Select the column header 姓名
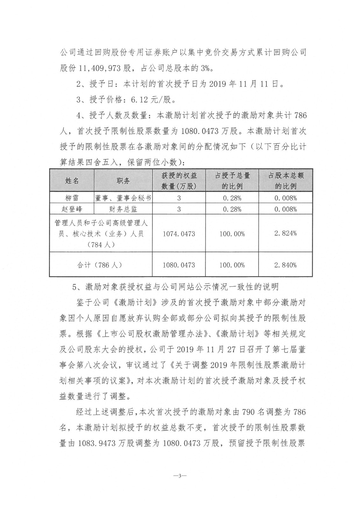tap(72, 181)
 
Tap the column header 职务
tap(123, 181)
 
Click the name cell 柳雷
tap(72, 198)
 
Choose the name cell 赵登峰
tap(72, 209)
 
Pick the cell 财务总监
tap(123, 209)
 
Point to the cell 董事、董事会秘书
tap(123, 198)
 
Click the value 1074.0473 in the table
tap(179, 234)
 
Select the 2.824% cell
tap(286, 233)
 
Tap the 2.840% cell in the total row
tap(286, 265)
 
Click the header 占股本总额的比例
tap(286, 181)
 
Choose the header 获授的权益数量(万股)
tap(179, 181)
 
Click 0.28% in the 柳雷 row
tap(232, 198)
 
